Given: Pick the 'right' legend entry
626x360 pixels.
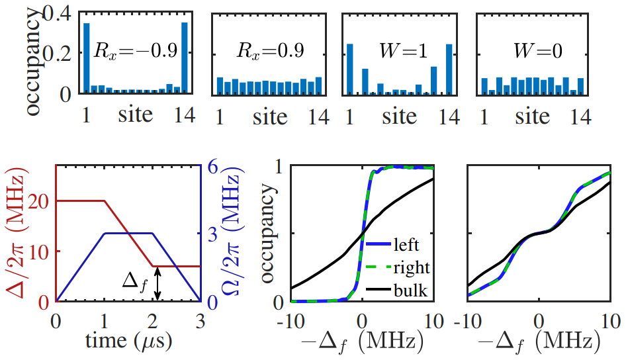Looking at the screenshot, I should pos(410,267).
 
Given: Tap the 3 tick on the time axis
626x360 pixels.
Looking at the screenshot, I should pos(200,320).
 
